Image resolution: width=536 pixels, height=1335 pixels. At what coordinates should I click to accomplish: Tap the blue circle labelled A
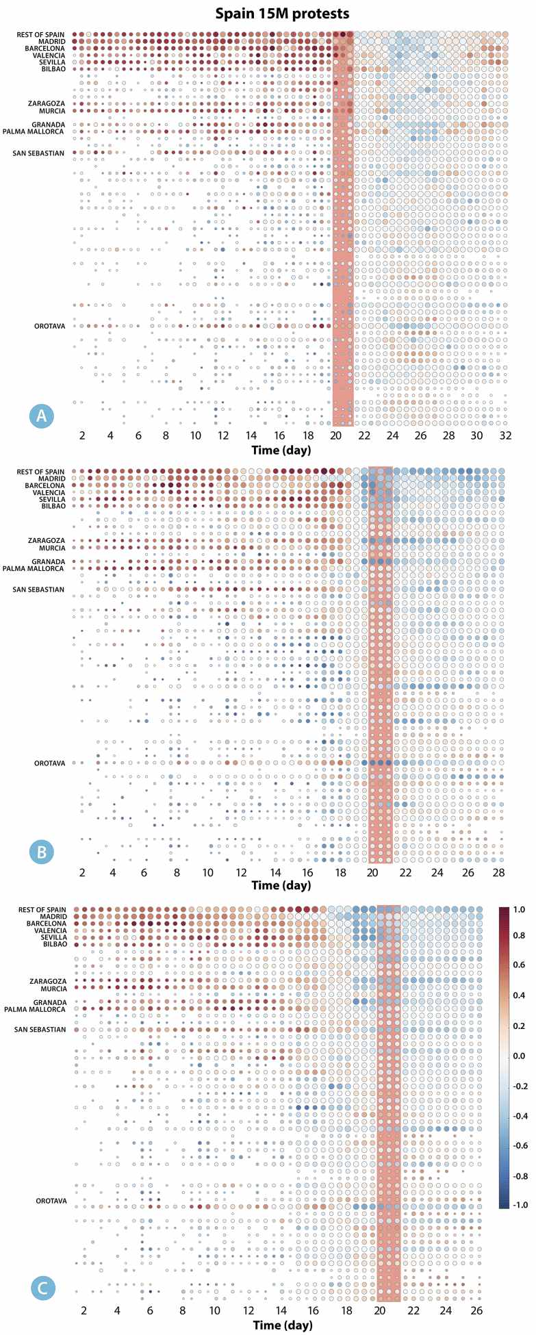coord(42,416)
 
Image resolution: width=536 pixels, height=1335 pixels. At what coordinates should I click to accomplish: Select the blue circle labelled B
coord(42,852)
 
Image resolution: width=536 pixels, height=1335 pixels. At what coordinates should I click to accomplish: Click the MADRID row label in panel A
coord(51,42)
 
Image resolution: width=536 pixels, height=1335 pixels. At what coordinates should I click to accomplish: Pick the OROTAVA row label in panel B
coord(49,763)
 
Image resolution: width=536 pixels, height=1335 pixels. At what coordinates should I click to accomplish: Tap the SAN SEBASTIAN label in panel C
coord(40,1030)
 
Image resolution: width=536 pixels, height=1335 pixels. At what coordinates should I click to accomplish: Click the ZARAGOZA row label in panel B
coord(47,541)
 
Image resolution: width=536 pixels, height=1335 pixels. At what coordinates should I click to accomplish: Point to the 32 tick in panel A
coord(505,435)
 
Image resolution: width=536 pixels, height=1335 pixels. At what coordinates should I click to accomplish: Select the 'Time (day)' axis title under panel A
coord(281,450)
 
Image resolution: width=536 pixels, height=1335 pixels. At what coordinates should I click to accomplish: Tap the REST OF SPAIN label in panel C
coord(42,910)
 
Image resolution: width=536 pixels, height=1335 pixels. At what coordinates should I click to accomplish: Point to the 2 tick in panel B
coord(82,873)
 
